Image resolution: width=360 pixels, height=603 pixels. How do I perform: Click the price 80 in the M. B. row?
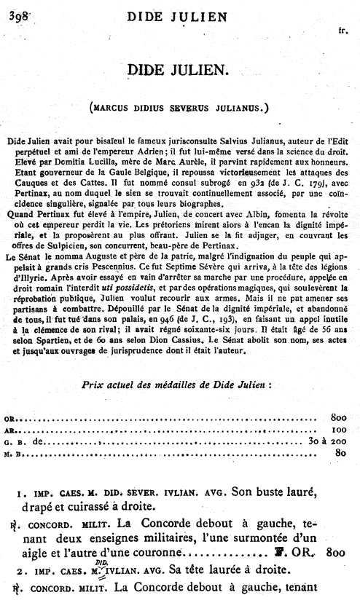pos(338,452)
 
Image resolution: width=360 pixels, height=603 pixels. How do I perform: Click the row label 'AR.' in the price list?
pos(9,430)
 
